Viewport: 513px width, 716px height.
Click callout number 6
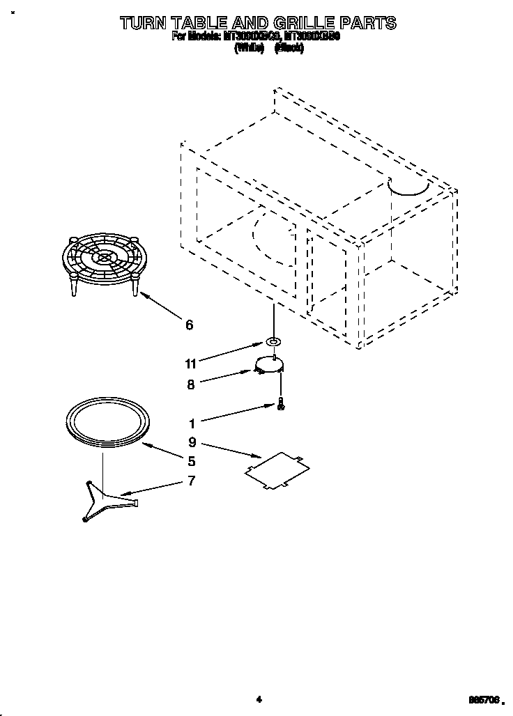tap(189, 325)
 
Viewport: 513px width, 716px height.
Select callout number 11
tap(190, 363)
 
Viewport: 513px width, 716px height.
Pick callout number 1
tap(191, 422)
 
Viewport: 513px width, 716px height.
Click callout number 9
tap(191, 441)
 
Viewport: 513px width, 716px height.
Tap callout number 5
tap(191, 460)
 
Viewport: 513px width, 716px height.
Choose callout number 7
tap(191, 481)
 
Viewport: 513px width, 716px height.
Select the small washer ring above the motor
tap(273, 342)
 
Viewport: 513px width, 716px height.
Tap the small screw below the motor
tap(280, 404)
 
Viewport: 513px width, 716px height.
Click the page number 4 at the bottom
tap(258, 699)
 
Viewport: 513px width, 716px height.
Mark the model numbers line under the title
tap(256, 38)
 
